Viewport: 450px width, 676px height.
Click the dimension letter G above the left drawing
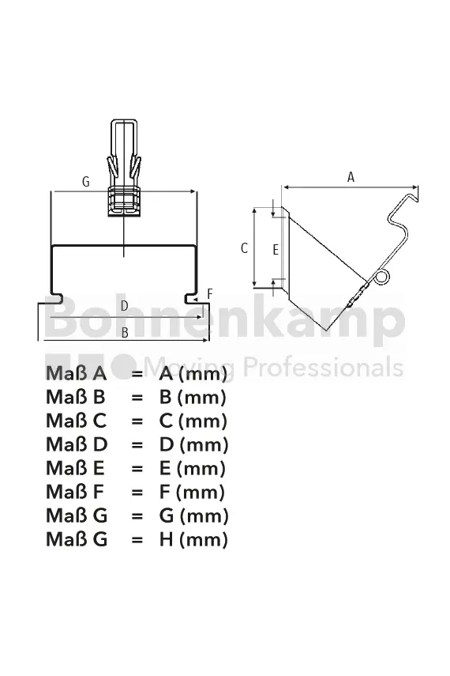[86, 182]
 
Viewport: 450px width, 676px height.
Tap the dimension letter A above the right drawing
[351, 177]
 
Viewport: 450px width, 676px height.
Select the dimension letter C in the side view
[244, 248]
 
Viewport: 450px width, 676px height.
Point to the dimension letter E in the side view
[276, 250]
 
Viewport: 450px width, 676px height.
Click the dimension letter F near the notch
[210, 294]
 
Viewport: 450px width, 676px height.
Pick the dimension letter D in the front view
[125, 306]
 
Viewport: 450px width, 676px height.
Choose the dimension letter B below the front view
[125, 333]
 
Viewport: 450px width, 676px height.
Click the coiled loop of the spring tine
[382, 278]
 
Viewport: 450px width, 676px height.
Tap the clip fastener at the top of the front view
[124, 168]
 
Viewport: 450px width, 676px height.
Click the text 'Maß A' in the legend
[77, 373]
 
